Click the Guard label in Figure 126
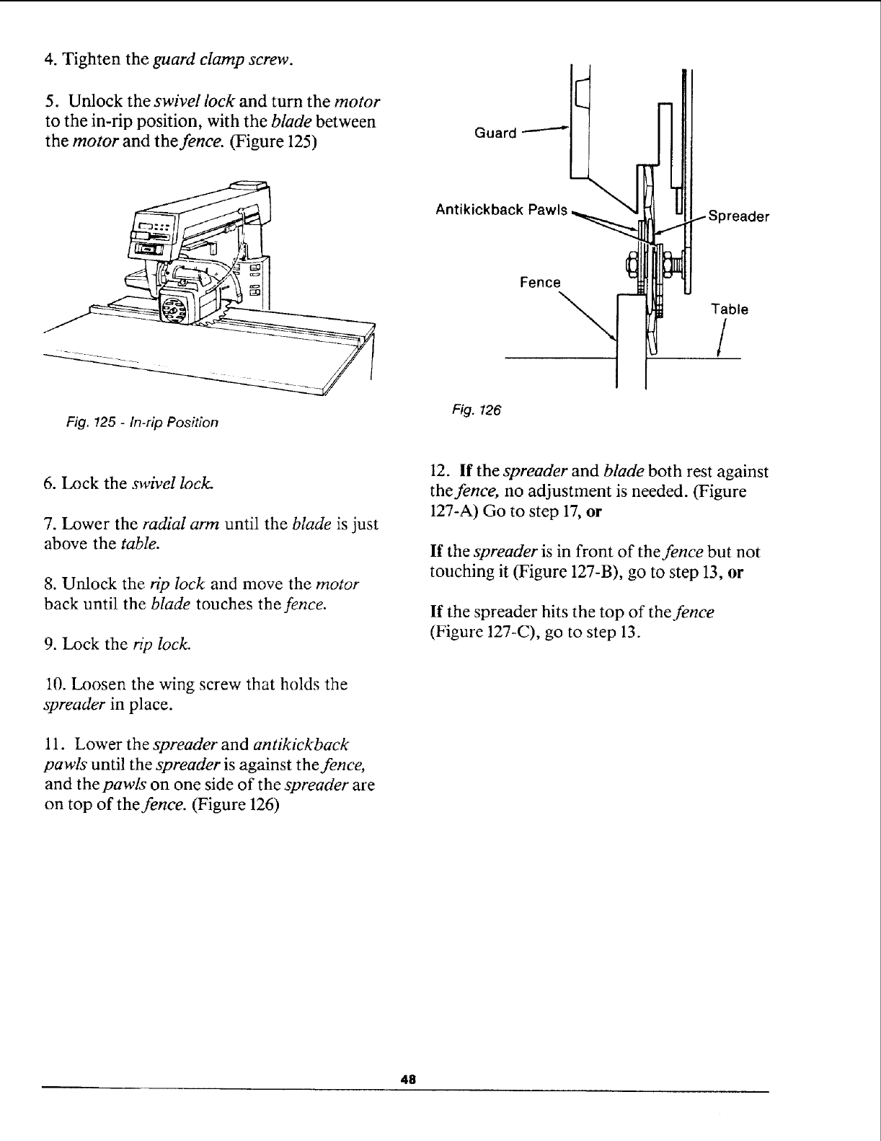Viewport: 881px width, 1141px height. [496, 133]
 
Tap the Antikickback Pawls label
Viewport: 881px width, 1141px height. [502, 210]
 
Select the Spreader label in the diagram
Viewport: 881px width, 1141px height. [739, 216]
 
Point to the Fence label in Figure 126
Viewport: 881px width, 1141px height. [540, 283]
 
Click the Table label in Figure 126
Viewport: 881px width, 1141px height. [730, 309]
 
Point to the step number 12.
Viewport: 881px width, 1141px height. [438, 472]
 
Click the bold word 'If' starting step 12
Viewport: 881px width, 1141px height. [465, 472]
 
